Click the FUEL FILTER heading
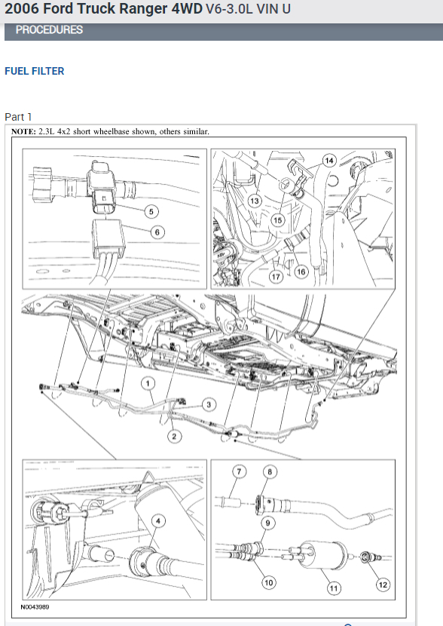[x=35, y=71]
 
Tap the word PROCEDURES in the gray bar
[x=49, y=30]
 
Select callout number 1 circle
[x=148, y=384]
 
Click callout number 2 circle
[x=174, y=437]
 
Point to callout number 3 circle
[x=209, y=405]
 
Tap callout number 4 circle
[x=158, y=521]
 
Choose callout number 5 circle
[x=151, y=212]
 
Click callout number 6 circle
[x=157, y=232]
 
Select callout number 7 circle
[x=240, y=472]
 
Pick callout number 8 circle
[x=270, y=472]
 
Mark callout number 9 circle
[x=268, y=523]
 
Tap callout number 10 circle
[x=269, y=583]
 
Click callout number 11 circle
[x=334, y=588]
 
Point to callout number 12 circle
[x=383, y=585]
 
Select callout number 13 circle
[x=255, y=201]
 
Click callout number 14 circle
[x=329, y=161]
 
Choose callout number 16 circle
[x=301, y=272]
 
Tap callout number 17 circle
[x=276, y=277]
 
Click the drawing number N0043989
[x=35, y=607]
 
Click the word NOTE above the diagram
[x=24, y=132]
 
